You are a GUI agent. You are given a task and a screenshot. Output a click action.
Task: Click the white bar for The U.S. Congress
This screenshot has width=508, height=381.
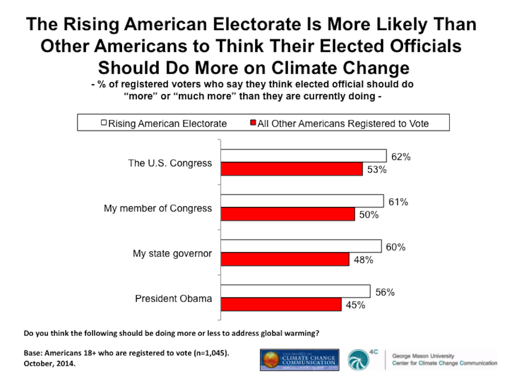coord(303,156)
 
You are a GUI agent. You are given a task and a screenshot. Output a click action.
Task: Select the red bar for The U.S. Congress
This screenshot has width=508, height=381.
coord(291,169)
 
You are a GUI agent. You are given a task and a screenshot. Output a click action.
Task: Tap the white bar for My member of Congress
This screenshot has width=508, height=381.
coord(302,201)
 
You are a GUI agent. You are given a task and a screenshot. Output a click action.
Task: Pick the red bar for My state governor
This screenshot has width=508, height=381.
coord(285,259)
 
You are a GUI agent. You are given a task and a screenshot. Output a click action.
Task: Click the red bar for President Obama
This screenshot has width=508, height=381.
coord(281,304)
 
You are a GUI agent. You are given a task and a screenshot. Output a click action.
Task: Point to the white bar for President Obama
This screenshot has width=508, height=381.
coord(295,291)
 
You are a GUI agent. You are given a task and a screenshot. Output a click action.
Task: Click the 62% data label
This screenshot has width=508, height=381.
coord(401,157)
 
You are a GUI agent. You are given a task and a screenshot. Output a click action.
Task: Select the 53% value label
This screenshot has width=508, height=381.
coord(377,170)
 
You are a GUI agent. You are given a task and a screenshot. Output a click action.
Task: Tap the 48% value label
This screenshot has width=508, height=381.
coord(363,260)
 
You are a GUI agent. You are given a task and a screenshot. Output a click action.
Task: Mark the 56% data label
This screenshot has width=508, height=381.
coord(385,292)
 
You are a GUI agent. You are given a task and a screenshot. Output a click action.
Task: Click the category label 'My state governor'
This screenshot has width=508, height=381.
coord(172,253)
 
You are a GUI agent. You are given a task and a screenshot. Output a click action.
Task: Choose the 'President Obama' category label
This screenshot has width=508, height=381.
coord(173,299)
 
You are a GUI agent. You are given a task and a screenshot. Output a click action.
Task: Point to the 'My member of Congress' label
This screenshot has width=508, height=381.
coord(158,208)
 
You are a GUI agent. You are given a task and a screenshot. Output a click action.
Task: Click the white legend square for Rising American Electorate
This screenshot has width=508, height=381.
coord(104,123)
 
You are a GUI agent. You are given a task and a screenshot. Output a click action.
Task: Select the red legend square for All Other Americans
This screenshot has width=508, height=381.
coord(253,123)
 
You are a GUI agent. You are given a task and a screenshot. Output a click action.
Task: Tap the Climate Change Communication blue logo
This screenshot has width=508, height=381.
coord(299,360)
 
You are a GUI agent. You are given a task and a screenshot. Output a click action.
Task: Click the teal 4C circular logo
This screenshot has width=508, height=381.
coord(358,360)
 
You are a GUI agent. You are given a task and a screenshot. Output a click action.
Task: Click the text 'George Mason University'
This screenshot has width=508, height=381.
coord(423,356)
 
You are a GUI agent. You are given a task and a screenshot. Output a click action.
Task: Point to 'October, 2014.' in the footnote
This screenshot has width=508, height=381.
coord(50,364)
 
